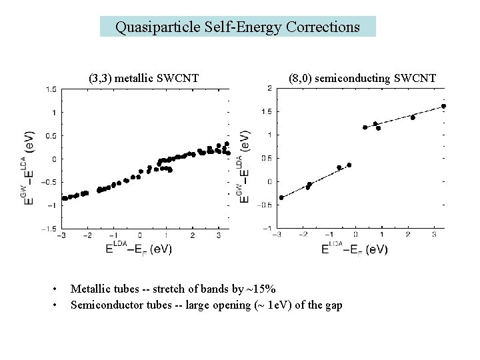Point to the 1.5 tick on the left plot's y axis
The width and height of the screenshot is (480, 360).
[x=50, y=89]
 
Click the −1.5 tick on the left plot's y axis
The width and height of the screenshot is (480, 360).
[x=48, y=228]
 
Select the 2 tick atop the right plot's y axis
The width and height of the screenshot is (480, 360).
[x=250, y=88]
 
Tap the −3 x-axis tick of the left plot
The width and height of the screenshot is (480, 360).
[x=61, y=235]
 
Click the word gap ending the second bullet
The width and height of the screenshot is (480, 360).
[x=333, y=305]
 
